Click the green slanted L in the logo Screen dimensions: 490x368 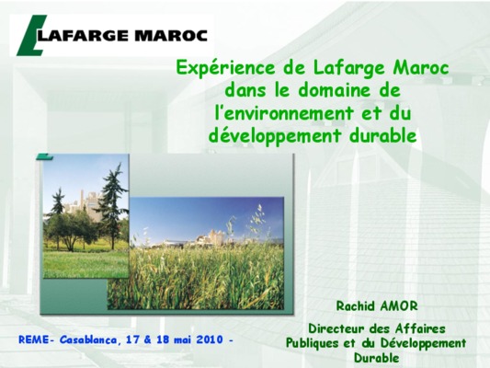click(30, 36)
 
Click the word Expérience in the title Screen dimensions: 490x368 click(225, 68)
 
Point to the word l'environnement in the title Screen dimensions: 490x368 click(284, 113)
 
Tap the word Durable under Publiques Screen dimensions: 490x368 click(376, 358)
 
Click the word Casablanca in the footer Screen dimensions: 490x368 click(89, 339)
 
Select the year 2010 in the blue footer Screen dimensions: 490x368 click(210, 339)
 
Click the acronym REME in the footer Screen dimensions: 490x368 click(34, 339)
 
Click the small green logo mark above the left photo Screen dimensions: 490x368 click(44, 156)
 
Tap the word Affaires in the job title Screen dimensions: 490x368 click(420, 328)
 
